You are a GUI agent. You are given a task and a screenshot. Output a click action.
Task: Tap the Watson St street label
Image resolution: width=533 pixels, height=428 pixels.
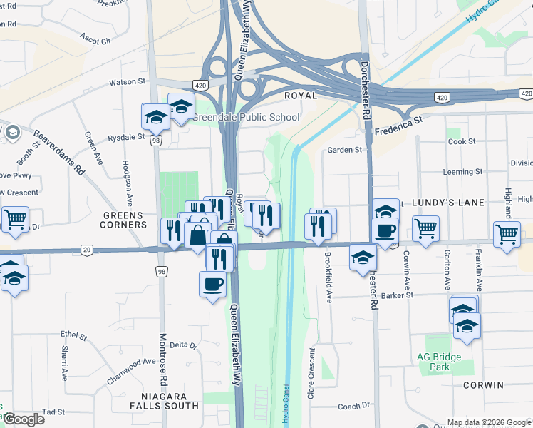(127, 83)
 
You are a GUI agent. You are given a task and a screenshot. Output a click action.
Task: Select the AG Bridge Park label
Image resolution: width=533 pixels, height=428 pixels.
(439, 362)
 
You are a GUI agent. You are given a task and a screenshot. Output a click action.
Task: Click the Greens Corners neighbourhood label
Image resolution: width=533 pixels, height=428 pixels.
(123, 220)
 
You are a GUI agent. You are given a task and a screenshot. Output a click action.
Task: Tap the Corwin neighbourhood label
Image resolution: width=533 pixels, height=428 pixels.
(483, 385)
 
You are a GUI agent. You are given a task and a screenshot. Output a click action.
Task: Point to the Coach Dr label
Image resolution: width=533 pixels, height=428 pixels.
(353, 407)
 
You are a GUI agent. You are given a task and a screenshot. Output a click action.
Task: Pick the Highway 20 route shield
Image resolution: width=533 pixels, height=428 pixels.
(87, 248)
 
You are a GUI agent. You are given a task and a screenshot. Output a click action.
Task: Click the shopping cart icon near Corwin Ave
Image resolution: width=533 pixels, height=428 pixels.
(425, 229)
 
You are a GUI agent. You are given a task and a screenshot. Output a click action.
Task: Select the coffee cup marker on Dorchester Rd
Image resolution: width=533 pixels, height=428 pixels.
(385, 231)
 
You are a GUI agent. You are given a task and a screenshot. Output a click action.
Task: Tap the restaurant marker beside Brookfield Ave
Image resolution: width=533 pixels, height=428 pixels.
(318, 226)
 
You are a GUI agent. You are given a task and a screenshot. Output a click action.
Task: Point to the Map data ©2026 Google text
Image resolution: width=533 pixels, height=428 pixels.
(489, 422)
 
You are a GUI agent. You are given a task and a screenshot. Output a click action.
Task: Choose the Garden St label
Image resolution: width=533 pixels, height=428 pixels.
(345, 150)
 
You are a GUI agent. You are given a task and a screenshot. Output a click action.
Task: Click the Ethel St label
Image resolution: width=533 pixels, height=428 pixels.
(73, 335)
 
